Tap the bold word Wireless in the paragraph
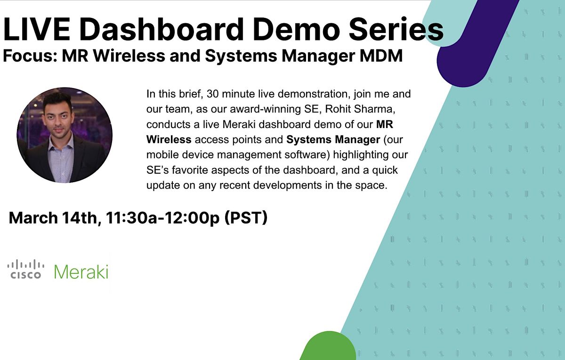[169, 140]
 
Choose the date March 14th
[53, 218]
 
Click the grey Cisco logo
[26, 269]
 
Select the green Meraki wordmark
[81, 272]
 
